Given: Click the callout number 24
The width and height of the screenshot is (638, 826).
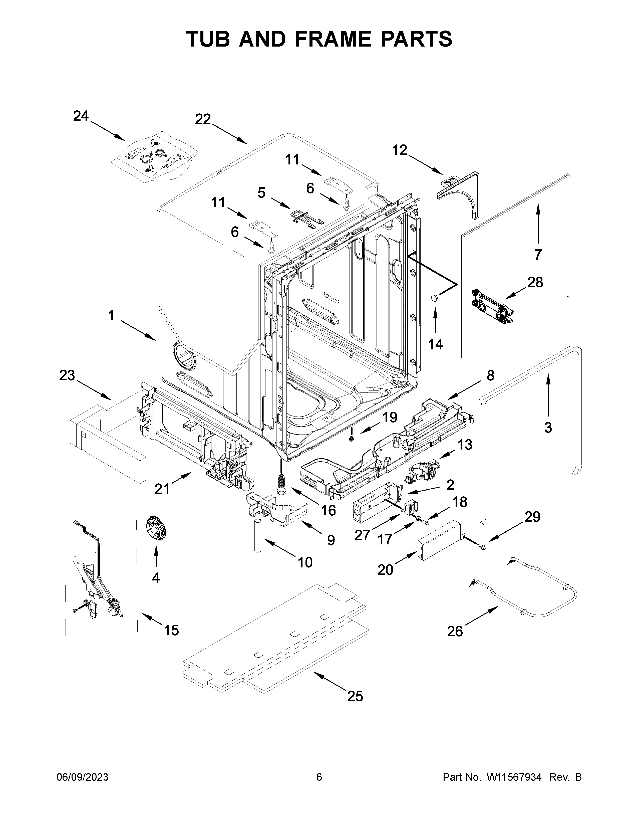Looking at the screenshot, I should pyautogui.click(x=81, y=116).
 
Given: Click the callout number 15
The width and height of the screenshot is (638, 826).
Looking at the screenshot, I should pyautogui.click(x=171, y=630).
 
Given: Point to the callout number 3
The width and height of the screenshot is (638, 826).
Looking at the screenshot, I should pyautogui.click(x=548, y=427).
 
